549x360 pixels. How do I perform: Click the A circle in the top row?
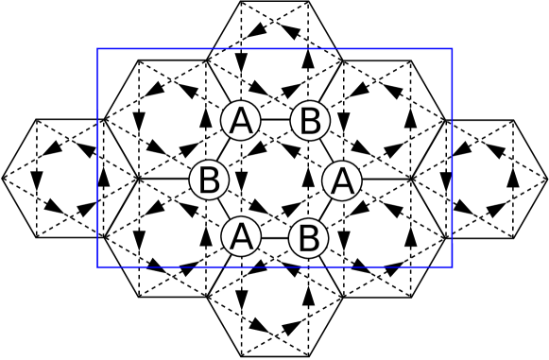click(241, 121)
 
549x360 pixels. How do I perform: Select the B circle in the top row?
click(310, 121)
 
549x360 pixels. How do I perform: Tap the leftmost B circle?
click(210, 180)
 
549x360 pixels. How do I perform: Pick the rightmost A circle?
click(342, 180)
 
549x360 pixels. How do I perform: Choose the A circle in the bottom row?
click(241, 236)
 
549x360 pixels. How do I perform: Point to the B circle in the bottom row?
click(308, 238)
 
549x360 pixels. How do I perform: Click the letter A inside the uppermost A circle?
click(241, 121)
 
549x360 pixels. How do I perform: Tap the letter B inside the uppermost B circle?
click(310, 121)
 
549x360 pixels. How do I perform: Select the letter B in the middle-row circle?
click(210, 180)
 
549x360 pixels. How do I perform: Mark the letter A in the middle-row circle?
click(342, 180)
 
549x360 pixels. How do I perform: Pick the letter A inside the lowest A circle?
click(241, 236)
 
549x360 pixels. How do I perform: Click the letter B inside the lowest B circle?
click(308, 238)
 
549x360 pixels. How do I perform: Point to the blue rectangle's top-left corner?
click(98, 49)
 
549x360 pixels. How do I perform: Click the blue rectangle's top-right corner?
click(452, 49)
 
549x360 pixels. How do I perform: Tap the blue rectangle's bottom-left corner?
click(98, 266)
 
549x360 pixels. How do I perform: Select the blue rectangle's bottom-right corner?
click(452, 266)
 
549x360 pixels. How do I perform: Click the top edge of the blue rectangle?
click(275, 49)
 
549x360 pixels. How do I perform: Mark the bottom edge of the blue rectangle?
click(275, 266)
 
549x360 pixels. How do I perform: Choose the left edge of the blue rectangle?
click(98, 158)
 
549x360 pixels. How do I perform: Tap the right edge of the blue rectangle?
click(452, 158)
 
